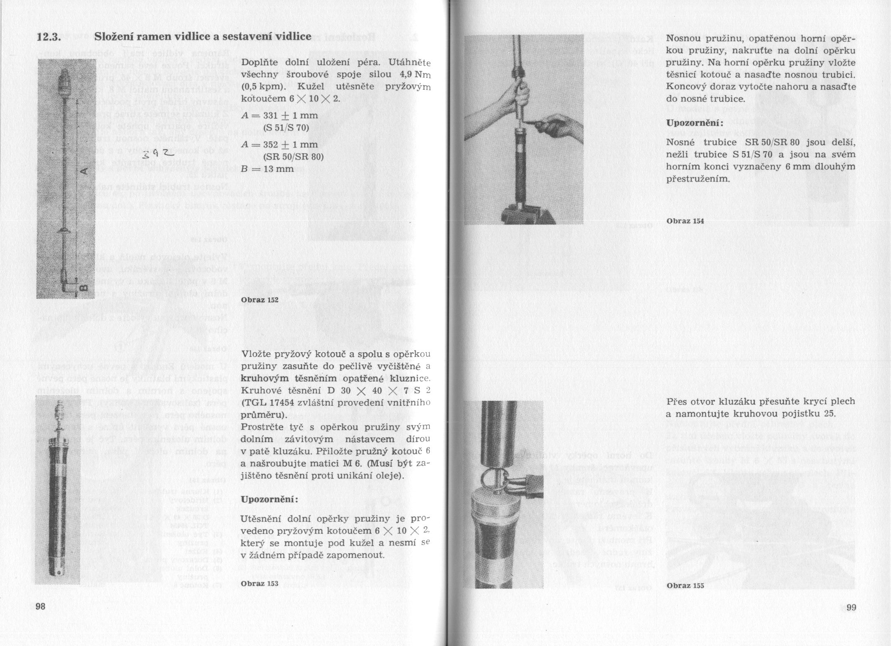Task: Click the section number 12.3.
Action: coord(49,37)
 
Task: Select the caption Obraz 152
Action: coord(260,300)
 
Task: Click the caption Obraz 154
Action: coord(685,221)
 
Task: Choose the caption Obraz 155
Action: coord(685,585)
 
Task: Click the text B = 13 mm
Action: coord(267,169)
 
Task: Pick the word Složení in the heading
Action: coord(114,37)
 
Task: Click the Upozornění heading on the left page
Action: coord(269,500)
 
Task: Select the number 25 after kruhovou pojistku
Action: coord(829,414)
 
